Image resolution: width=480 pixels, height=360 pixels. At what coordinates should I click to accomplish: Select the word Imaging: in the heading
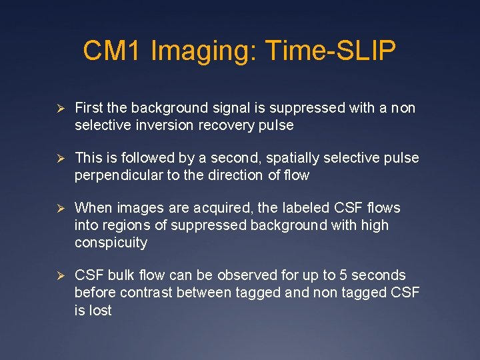pos(204,51)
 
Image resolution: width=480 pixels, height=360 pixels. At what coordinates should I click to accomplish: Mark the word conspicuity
pos(111,243)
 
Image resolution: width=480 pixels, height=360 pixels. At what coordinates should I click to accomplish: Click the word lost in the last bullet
pos(101,310)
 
